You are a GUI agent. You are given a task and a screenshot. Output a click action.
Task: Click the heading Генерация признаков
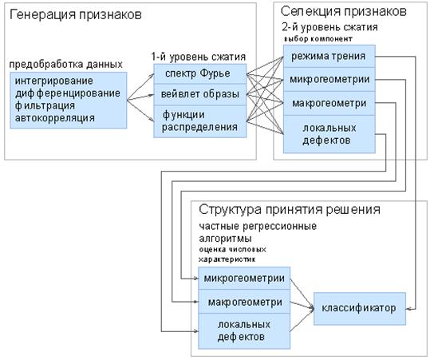tap(76, 14)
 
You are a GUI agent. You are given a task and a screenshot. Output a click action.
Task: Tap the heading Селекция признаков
tap(344, 11)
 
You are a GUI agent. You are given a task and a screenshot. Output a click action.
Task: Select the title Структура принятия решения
tap(290, 210)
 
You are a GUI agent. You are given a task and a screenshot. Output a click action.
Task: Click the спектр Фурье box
tap(200, 73)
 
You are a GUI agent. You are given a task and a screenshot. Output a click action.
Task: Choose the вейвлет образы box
tap(200, 95)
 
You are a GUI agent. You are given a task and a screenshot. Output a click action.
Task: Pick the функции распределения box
tap(200, 121)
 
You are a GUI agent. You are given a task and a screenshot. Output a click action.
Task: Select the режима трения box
tap(329, 56)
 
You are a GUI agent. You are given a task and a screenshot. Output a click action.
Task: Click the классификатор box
tap(360, 309)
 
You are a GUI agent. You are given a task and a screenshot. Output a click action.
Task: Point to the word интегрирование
tap(54, 81)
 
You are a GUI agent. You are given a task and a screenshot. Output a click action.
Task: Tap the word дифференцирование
tap(68, 93)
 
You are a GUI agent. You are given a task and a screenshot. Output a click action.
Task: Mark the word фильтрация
tap(45, 105)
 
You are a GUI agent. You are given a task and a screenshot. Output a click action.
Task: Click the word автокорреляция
tap(55, 118)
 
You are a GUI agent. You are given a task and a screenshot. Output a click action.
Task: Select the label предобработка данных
tap(65, 65)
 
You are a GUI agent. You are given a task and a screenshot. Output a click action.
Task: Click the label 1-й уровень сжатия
tap(199, 57)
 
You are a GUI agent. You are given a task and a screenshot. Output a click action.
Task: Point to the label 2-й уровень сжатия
tap(329, 27)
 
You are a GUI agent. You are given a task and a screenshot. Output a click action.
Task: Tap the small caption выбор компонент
tap(318, 39)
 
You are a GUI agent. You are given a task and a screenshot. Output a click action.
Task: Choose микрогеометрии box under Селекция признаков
tap(329, 79)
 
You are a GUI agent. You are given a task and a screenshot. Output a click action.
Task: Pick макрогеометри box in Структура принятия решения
tap(244, 302)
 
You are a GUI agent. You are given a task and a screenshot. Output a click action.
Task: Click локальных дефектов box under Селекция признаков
tap(329, 134)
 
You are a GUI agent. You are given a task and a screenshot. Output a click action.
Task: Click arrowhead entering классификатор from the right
tap(408, 309)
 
